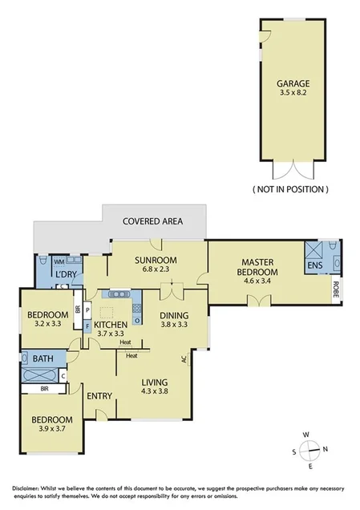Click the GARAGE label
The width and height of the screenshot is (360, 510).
pyautogui.click(x=293, y=83)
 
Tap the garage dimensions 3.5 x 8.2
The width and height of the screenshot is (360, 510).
pyautogui.click(x=293, y=93)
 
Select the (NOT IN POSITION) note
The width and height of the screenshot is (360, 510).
pyautogui.click(x=290, y=189)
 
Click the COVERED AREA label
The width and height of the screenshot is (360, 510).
pyautogui.click(x=152, y=221)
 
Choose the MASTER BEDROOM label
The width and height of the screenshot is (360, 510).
pyautogui.click(x=257, y=267)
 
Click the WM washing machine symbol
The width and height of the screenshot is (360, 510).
pyautogui.click(x=58, y=261)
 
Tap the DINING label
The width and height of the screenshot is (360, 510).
pyautogui.click(x=173, y=315)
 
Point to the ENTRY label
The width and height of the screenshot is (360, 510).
pyautogui.click(x=100, y=395)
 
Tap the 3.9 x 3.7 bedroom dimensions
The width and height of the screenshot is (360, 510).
pyautogui.click(x=52, y=431)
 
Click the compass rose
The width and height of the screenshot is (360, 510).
pyautogui.click(x=313, y=451)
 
